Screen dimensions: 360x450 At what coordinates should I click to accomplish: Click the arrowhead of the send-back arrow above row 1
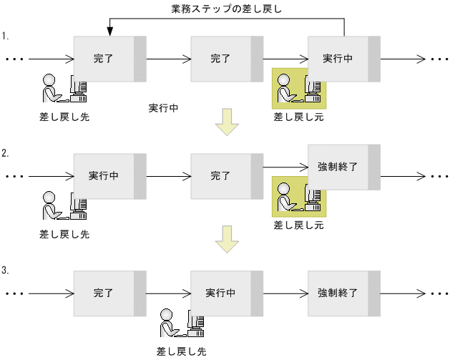tap(110, 31)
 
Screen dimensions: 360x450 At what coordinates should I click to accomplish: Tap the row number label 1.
tap(5, 35)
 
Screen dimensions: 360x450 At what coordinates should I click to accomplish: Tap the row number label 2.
tap(5, 153)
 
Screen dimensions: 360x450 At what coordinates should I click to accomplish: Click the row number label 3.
tap(5, 271)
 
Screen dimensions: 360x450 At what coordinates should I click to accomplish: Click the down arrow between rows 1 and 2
tap(227, 122)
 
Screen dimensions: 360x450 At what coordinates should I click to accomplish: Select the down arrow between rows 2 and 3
tap(227, 239)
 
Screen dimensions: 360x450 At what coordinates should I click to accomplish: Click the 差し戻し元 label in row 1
tap(298, 116)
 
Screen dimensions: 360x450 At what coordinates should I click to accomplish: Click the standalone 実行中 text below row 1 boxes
tap(163, 108)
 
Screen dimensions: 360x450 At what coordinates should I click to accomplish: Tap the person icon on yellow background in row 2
tap(298, 199)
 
